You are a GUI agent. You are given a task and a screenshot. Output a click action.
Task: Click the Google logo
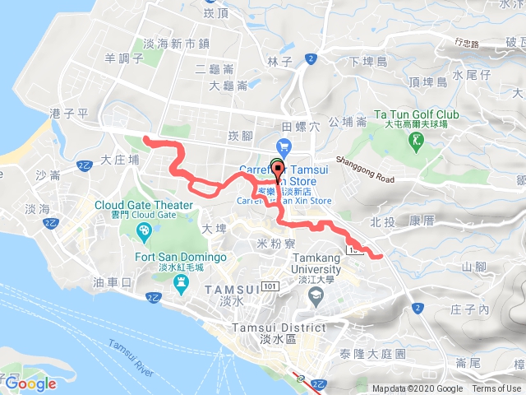[30, 383]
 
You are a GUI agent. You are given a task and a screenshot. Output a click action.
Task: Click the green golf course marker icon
[418, 142]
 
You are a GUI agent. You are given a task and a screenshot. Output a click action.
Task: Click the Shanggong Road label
[364, 170]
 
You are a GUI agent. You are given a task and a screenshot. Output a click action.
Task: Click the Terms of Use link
[496, 389]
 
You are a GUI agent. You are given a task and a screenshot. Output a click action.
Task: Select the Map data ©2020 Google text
[417, 389]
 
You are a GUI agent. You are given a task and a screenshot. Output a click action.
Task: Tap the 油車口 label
[112, 282]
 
